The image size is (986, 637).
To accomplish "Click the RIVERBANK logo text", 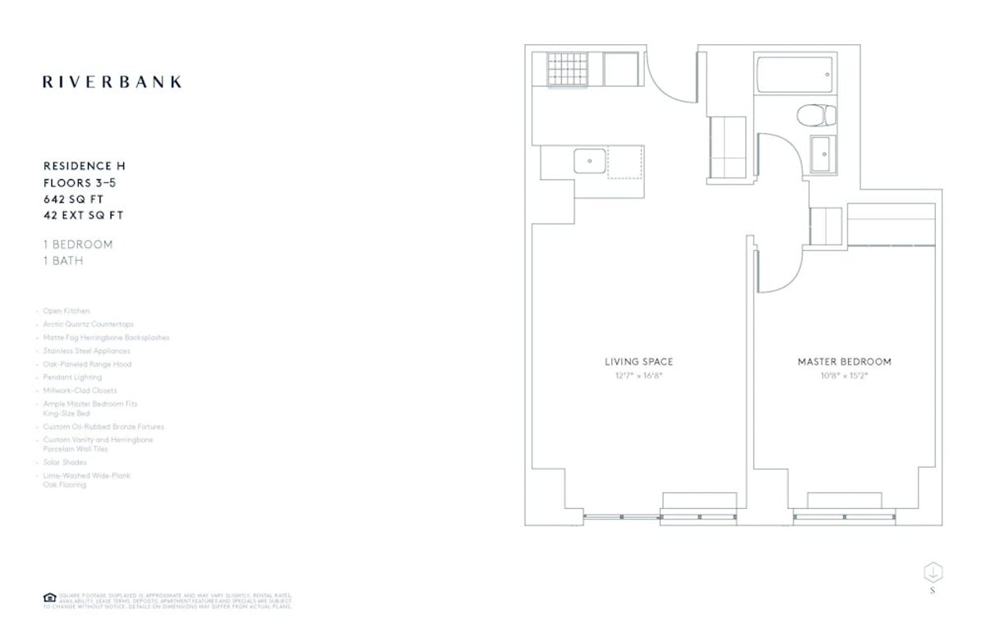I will pyautogui.click(x=112, y=82).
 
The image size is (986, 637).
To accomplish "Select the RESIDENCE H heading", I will pyautogui.click(x=84, y=167).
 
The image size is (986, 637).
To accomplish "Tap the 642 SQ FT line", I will pyautogui.click(x=74, y=199).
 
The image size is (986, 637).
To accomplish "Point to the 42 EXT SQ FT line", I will pyautogui.click(x=83, y=216).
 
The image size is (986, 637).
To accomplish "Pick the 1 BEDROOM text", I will pyautogui.click(x=78, y=245).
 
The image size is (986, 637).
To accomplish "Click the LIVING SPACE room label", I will pyautogui.click(x=638, y=362).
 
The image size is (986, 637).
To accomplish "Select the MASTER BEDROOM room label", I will pyautogui.click(x=844, y=362).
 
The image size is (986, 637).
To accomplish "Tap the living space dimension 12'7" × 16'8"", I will pyautogui.click(x=638, y=375).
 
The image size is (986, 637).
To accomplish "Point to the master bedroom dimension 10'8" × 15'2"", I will pyautogui.click(x=844, y=375).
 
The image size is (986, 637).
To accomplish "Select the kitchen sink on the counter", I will pyautogui.click(x=590, y=161).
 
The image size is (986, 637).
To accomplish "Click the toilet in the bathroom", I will pyautogui.click(x=816, y=116).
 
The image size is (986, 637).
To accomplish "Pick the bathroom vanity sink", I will pyautogui.click(x=822, y=154).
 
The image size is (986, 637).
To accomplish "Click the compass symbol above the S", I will pyautogui.click(x=933, y=571).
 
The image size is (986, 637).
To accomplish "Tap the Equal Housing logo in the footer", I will pyautogui.click(x=48, y=598).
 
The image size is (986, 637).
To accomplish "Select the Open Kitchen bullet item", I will pyautogui.click(x=67, y=311).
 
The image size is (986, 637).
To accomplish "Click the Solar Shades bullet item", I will pyautogui.click(x=65, y=462).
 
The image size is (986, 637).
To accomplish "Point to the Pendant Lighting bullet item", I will pyautogui.click(x=72, y=377).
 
